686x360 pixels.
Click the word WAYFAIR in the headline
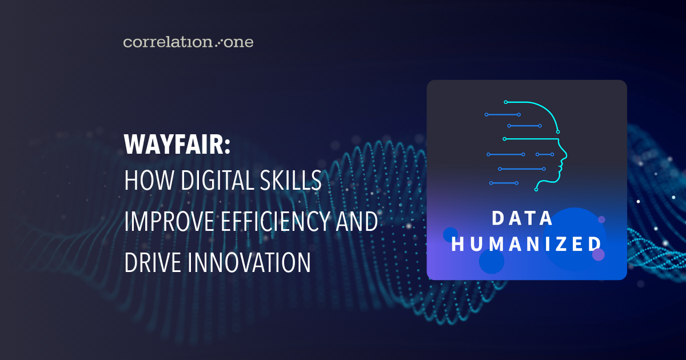(174, 145)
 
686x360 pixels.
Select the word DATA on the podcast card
(523, 218)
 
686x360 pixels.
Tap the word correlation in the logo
(167, 42)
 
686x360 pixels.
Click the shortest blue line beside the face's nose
(545, 154)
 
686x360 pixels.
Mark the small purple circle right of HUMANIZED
(599, 254)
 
